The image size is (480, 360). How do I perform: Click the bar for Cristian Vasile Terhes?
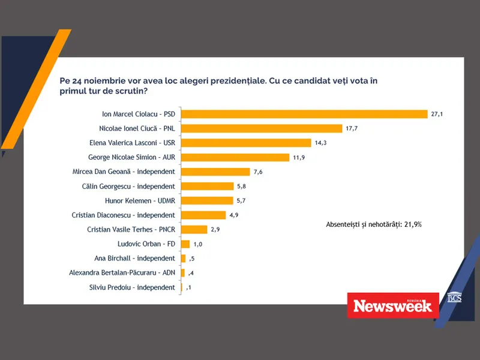coord(194,229)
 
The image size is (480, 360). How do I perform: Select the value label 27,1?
coord(436,113)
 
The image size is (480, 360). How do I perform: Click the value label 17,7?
coord(353,128)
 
